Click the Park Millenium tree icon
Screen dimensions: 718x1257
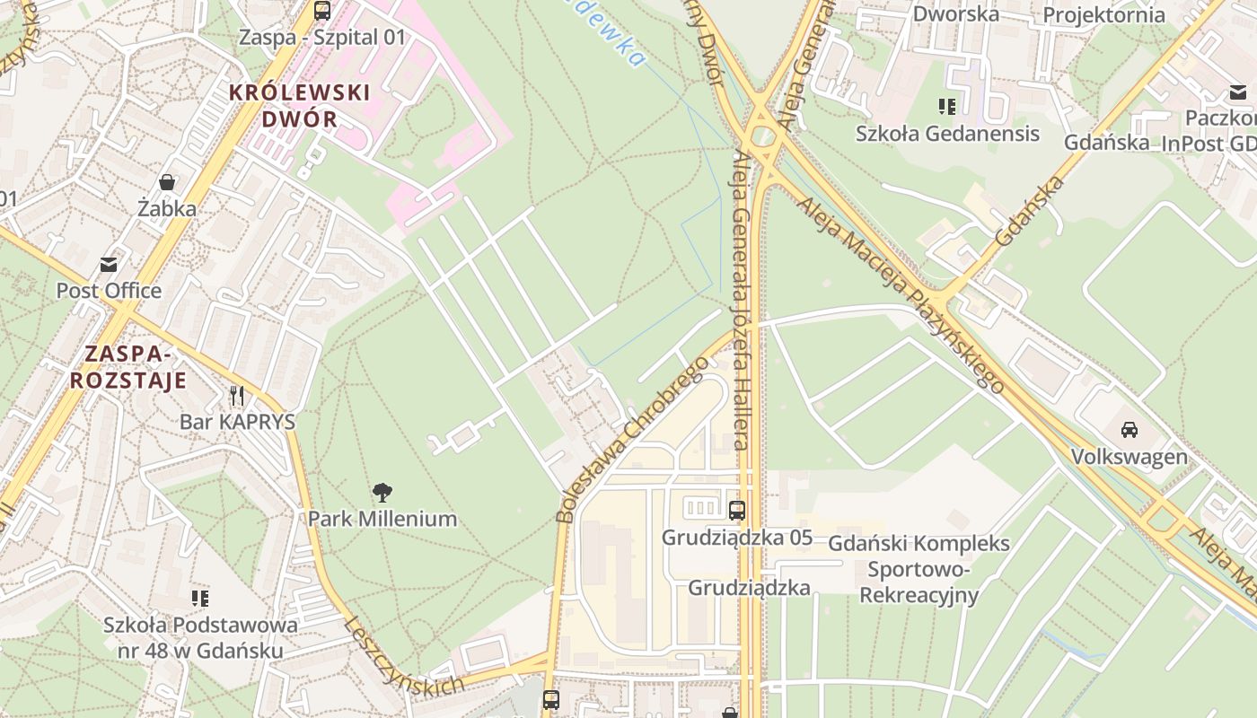click(382, 492)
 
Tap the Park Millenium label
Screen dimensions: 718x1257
click(382, 519)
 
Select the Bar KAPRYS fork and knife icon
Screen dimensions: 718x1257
click(237, 395)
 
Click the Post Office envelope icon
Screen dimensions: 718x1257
click(109, 265)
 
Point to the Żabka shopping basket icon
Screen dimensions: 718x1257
click(167, 182)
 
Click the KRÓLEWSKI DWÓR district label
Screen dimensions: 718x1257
click(299, 105)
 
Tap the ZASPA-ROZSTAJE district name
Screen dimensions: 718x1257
click(128, 366)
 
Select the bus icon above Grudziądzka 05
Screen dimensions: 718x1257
click(737, 511)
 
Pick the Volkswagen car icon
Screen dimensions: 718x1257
click(1130, 429)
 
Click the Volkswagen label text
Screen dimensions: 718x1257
click(1129, 457)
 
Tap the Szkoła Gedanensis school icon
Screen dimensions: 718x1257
click(947, 107)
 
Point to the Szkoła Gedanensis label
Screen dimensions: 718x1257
click(947, 134)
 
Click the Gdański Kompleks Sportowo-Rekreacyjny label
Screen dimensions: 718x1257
click(919, 569)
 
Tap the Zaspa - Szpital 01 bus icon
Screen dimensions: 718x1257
click(322, 11)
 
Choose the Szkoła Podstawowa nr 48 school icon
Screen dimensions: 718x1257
click(200, 598)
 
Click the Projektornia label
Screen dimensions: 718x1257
click(1103, 14)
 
